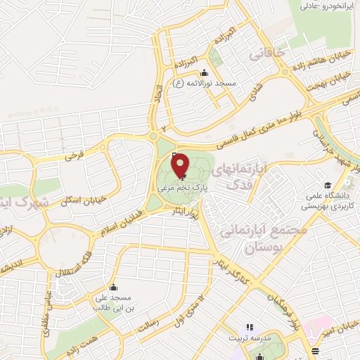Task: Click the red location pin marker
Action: tap(180, 166)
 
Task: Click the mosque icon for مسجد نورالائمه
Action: tap(204, 72)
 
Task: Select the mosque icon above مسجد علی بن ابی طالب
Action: tap(113, 287)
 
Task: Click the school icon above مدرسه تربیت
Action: tap(248, 327)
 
